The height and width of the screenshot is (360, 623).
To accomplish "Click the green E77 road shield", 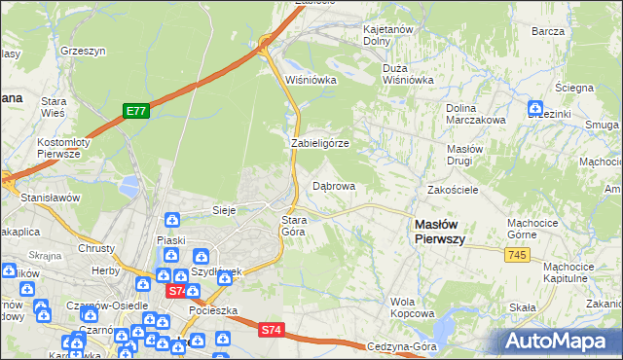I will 135,111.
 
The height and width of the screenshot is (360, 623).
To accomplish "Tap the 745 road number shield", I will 517,254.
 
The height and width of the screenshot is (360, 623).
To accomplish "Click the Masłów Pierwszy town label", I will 439,231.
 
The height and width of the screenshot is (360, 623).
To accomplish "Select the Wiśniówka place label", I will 311,80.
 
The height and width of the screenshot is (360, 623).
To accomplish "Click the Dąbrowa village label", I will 333,185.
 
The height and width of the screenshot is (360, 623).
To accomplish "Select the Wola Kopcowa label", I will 412,307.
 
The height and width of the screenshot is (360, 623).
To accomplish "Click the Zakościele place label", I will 453,191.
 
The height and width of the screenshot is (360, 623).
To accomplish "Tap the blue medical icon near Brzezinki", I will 534,108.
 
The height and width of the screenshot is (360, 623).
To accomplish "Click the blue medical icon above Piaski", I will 171,221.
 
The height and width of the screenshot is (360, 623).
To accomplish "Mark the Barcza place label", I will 549,31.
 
